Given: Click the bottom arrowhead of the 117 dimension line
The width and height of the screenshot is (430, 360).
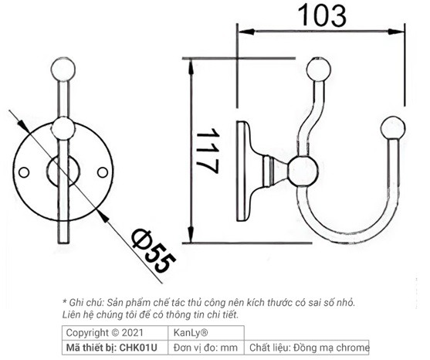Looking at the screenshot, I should (x=191, y=236).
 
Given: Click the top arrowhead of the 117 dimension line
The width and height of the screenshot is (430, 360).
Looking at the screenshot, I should (x=191, y=62).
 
